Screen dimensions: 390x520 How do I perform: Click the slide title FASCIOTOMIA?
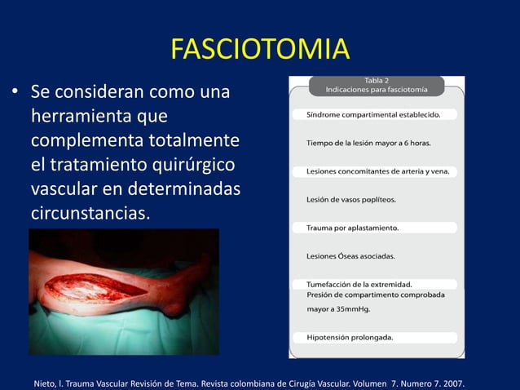260,49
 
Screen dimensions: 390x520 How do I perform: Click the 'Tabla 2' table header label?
377,79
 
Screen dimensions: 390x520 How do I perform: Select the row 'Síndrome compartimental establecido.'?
373,115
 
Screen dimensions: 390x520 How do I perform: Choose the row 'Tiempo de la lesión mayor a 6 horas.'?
368,143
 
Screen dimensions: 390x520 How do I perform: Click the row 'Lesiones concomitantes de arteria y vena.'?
377,171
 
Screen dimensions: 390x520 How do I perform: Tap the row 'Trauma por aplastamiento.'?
352,228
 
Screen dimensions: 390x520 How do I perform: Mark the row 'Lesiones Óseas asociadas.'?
350,256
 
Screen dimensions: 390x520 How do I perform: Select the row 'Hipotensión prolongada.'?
349,337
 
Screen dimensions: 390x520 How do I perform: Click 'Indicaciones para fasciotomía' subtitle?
377,88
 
